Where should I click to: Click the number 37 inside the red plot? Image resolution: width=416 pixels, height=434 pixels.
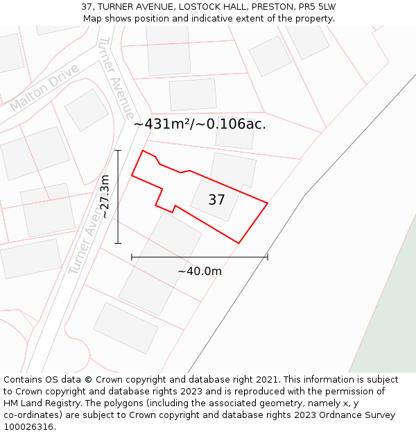(x=216, y=200)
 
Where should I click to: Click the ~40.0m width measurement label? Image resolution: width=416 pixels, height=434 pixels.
(x=200, y=272)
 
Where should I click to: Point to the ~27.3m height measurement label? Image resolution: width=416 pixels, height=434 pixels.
(x=105, y=197)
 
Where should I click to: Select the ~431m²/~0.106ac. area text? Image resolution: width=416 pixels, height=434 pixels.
(x=200, y=124)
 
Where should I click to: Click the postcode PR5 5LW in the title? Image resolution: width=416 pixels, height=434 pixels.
(x=318, y=7)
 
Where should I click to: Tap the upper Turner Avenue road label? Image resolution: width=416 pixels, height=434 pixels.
(x=116, y=76)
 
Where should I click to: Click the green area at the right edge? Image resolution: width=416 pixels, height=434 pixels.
(x=392, y=312)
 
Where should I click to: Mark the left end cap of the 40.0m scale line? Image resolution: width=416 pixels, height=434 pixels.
(x=132, y=257)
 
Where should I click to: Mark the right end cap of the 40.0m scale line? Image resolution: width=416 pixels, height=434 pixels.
(x=268, y=257)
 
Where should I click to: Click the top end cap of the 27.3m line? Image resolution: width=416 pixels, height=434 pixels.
(x=118, y=150)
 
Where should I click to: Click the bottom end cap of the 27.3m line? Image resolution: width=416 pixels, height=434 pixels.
(x=118, y=243)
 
